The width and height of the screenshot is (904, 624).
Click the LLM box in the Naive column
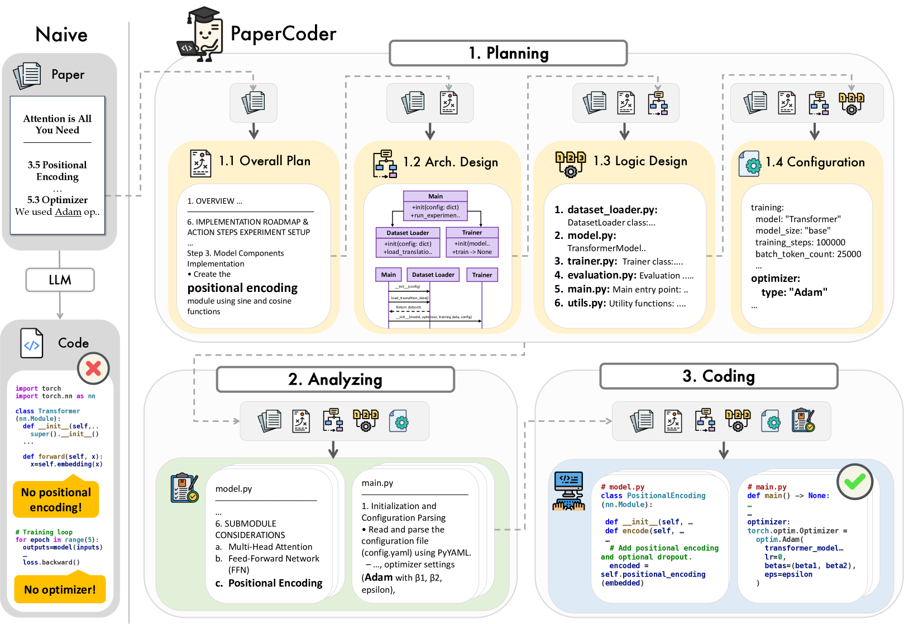coord(60,280)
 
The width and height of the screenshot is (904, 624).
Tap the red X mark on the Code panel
coord(93,368)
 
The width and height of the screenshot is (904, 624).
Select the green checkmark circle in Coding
coord(854,481)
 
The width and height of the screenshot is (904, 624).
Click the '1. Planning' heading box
coord(508,53)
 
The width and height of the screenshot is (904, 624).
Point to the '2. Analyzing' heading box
coord(335,380)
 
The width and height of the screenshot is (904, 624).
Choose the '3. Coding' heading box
coord(719,376)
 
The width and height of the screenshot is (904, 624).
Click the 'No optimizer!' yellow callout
coord(60,589)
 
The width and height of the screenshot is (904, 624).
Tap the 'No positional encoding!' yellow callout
coord(56,500)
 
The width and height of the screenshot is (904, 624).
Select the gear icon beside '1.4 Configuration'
coord(750,164)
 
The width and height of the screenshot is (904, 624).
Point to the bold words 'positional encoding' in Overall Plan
coord(242,288)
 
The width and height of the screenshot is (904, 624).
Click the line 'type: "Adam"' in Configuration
coord(794,292)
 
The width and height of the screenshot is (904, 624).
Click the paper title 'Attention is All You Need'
coord(58,124)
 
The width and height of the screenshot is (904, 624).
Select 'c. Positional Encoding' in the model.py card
coord(269,583)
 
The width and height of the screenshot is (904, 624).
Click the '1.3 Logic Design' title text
coord(640,161)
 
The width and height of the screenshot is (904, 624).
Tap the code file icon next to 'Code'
coord(31,343)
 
